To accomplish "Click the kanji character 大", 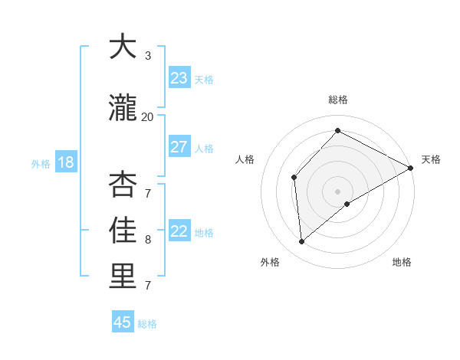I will click(x=123, y=47).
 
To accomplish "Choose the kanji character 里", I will click(x=123, y=276).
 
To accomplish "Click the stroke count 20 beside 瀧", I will click(x=147, y=117).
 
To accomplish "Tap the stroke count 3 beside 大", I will click(x=148, y=56).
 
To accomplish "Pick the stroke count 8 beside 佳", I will click(x=148, y=239).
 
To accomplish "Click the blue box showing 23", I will click(x=179, y=78).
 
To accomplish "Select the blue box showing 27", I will click(x=179, y=147).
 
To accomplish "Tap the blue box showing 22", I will click(x=179, y=232).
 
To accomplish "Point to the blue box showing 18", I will click(x=64, y=162).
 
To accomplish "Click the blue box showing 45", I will click(x=123, y=322).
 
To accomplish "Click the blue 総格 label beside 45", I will click(x=147, y=324).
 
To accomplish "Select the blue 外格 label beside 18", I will click(x=40, y=164).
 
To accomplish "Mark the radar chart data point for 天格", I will click(x=411, y=169).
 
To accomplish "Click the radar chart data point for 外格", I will click(x=302, y=242).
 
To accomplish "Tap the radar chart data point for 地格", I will click(x=347, y=204).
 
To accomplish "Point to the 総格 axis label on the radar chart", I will click(x=338, y=100).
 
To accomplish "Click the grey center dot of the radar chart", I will click(x=337, y=191).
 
